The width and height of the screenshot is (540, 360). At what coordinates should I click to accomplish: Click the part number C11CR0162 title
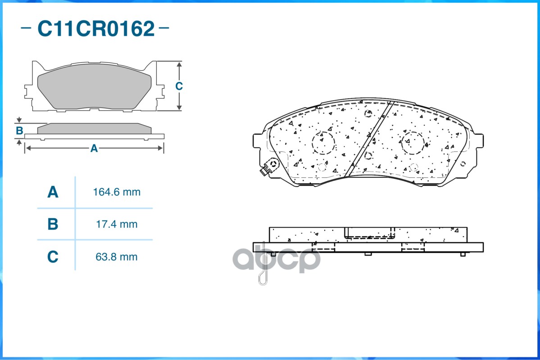(96, 28)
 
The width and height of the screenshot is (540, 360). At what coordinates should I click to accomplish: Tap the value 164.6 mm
(117, 192)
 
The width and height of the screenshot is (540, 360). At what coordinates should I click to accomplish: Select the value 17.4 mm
(117, 225)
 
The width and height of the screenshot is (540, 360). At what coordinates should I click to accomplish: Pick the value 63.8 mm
(117, 257)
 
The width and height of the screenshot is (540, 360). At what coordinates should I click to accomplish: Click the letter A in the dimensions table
(53, 192)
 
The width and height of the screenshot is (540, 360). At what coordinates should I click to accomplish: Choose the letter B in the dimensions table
(53, 224)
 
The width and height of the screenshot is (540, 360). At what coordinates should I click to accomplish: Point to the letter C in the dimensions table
(53, 257)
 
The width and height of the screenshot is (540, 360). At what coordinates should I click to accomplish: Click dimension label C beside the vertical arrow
(179, 86)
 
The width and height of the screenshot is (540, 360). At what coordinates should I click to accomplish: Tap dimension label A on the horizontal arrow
(94, 148)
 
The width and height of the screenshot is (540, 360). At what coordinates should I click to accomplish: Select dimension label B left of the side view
(19, 131)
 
